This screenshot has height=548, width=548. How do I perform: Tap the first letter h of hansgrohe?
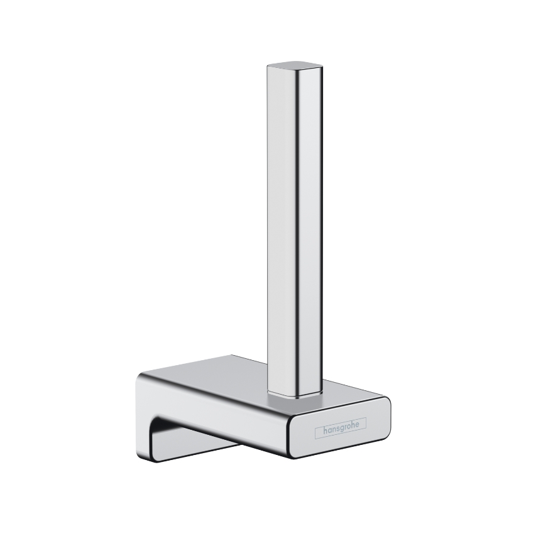326,430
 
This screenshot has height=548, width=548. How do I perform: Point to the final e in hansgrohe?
357,425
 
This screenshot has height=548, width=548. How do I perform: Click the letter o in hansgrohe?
348,427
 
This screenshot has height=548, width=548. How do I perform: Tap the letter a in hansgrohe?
329,431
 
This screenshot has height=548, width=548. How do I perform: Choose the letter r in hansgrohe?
344,428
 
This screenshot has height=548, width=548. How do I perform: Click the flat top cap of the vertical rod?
295,66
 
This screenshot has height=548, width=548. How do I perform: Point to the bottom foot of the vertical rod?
294,395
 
